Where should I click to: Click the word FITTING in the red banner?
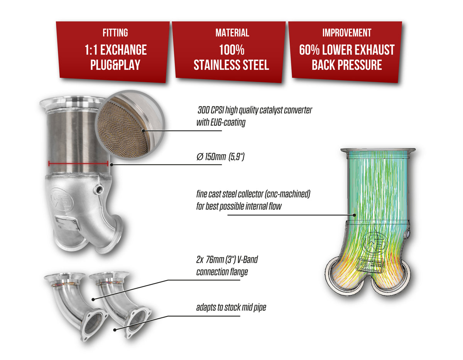[x=115, y=33]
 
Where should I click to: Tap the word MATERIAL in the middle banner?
[x=232, y=33]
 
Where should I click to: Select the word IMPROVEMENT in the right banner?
[x=346, y=33]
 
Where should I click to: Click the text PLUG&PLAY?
[x=115, y=64]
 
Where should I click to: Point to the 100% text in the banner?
[x=232, y=50]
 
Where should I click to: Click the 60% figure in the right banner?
[x=310, y=50]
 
